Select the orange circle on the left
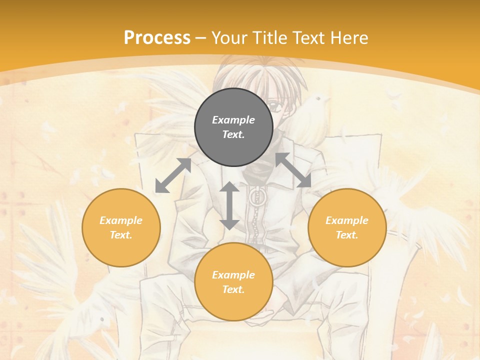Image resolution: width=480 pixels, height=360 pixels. point(121,227)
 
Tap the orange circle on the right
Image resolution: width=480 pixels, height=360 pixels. point(347,227)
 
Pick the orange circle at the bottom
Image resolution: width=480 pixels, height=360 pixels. point(233,281)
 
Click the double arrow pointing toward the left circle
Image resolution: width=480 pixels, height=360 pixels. point(173,175)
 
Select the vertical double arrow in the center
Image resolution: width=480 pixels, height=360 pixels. point(229,205)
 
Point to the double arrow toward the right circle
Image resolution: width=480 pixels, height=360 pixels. point(293,170)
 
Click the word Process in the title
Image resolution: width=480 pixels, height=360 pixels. point(157,37)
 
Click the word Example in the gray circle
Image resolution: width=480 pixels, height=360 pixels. point(233,120)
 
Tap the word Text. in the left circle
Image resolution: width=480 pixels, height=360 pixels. point(121,235)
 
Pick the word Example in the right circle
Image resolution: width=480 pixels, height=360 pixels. point(347,220)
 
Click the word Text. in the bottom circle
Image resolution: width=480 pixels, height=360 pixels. point(233,289)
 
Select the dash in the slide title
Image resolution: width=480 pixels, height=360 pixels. point(200,37)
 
